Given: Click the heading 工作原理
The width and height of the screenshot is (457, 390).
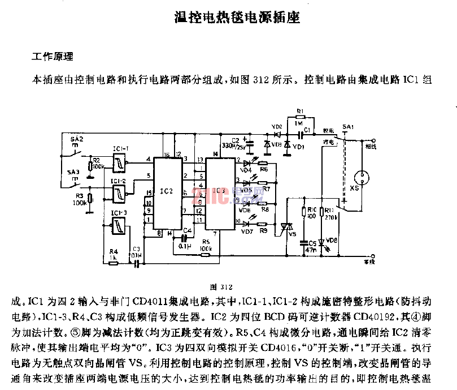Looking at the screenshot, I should coord(51,57).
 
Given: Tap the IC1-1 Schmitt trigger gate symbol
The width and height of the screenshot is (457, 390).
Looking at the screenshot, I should coord(120,164).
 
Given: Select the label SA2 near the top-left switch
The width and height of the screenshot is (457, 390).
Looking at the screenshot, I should coord(76,139).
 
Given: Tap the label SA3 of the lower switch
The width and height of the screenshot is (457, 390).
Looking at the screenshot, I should coord(73,171).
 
